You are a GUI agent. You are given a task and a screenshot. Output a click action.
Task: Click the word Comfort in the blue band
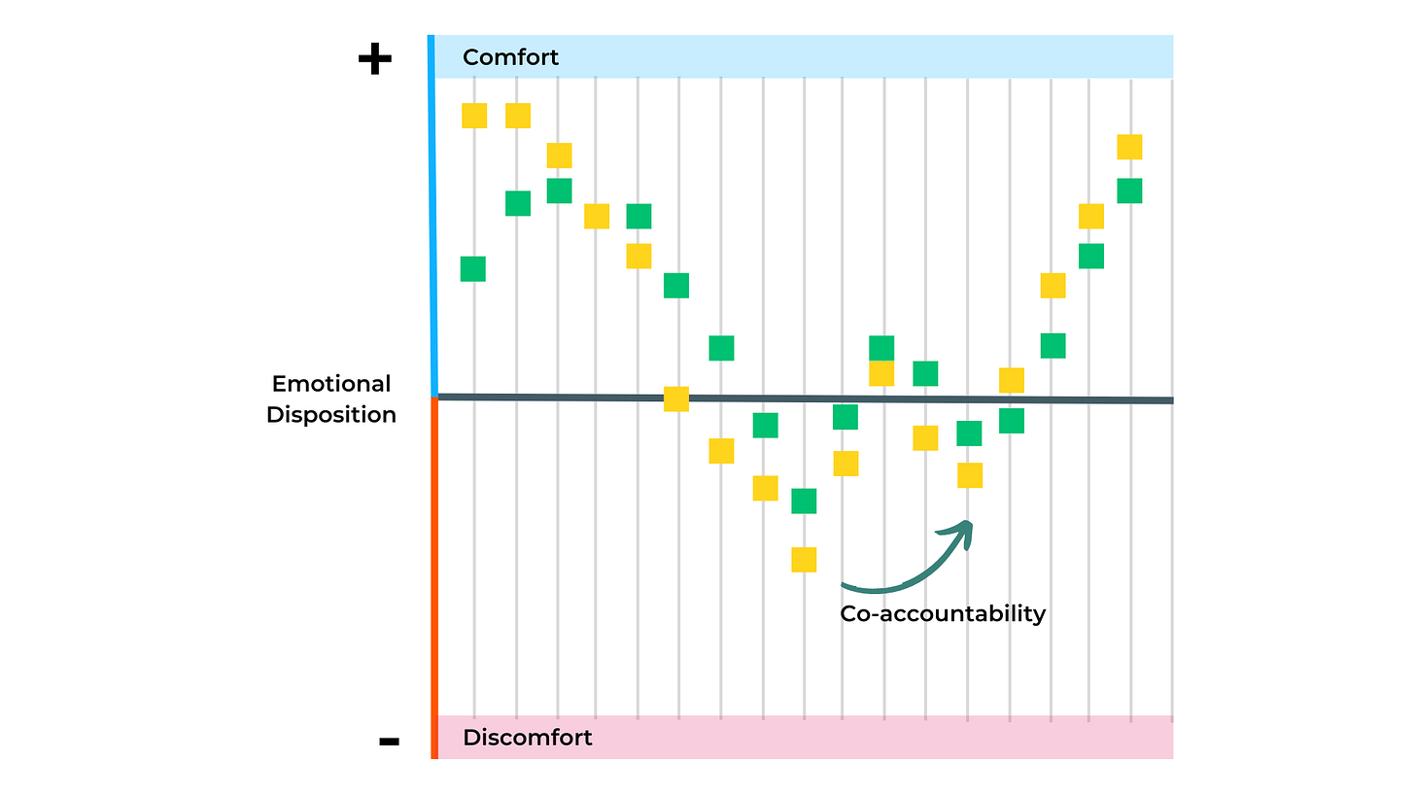510,57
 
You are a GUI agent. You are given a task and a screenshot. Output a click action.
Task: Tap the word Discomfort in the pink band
527,738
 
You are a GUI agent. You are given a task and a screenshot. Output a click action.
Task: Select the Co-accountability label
942,613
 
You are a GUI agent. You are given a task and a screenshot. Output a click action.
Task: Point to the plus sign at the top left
374,60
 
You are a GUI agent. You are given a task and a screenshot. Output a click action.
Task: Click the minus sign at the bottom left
389,742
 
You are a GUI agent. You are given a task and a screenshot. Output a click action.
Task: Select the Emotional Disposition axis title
331,399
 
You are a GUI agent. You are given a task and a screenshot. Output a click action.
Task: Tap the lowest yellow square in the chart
804,560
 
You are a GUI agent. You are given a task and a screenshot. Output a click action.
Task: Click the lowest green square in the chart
804,502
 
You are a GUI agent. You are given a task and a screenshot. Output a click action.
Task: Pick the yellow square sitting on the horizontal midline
676,398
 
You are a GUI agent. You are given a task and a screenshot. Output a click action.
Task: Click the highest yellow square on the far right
1129,147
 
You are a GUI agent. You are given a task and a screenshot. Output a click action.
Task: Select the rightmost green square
1129,190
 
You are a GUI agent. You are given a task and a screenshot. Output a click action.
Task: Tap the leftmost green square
473,269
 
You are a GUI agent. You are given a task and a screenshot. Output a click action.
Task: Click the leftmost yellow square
473,116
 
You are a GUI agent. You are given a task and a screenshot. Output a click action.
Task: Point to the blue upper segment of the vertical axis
431,214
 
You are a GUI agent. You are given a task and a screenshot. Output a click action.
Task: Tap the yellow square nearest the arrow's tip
969,475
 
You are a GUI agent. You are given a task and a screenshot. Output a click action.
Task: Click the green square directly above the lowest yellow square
804,502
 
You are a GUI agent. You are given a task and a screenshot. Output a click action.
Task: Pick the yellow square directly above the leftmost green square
473,116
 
